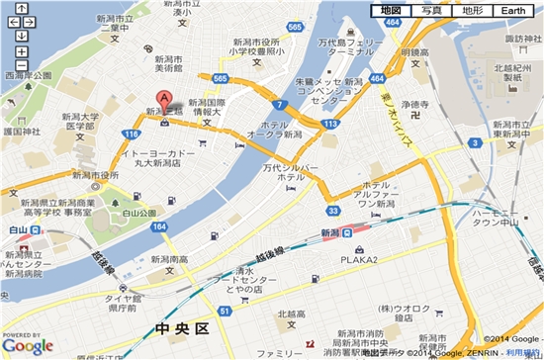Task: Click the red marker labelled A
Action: [x=165, y=100]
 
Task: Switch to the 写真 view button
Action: [x=432, y=10]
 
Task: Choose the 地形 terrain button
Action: [x=472, y=10]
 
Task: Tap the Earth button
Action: [x=514, y=10]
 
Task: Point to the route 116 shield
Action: [x=132, y=132]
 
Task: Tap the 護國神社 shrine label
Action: [x=21, y=131]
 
